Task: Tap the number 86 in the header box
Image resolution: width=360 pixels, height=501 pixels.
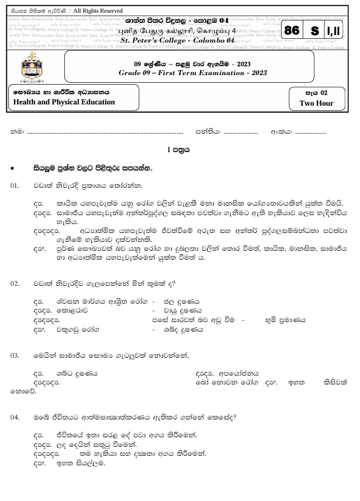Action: click(x=292, y=31)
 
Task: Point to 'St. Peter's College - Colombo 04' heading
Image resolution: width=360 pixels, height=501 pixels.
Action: click(x=177, y=41)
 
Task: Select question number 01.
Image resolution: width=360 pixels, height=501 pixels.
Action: click(x=15, y=185)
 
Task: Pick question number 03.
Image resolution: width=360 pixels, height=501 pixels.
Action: click(x=15, y=355)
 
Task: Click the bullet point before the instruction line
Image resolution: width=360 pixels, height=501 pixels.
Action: click(x=13, y=168)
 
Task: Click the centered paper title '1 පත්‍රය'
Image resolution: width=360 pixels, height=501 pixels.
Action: click(x=180, y=151)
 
